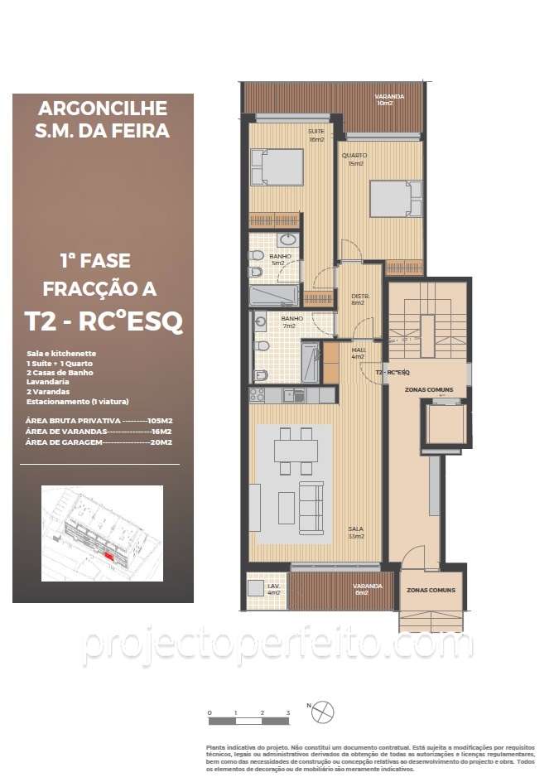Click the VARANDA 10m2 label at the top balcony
click(x=389, y=99)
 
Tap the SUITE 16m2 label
click(x=316, y=135)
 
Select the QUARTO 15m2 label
click(x=357, y=159)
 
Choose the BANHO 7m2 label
click(x=291, y=321)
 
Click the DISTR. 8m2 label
click(x=359, y=299)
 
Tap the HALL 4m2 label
click(x=359, y=353)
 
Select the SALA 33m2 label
click(x=355, y=532)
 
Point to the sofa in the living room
click(x=311, y=507)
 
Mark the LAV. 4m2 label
click(x=273, y=589)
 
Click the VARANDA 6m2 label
click(x=368, y=589)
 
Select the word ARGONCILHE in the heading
click(x=103, y=109)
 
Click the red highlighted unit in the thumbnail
click(x=109, y=557)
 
